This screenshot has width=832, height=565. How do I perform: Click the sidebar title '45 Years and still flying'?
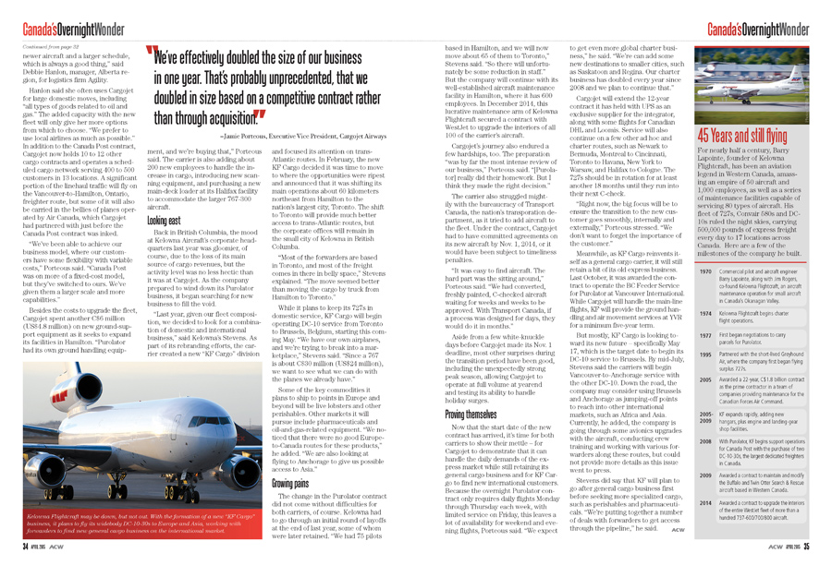742,134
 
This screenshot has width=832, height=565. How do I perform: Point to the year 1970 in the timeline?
704,273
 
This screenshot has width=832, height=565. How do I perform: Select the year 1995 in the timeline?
704,355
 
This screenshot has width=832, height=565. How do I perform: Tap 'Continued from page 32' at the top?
51,45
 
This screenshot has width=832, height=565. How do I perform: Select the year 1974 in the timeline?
704,313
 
